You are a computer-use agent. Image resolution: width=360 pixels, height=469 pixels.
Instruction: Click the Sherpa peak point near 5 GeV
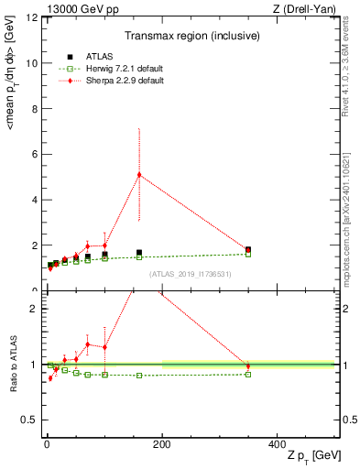[139, 175]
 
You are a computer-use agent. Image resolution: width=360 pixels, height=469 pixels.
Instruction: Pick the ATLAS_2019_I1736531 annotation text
[190, 273]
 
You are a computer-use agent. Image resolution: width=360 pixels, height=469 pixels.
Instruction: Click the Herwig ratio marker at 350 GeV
[248, 374]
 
